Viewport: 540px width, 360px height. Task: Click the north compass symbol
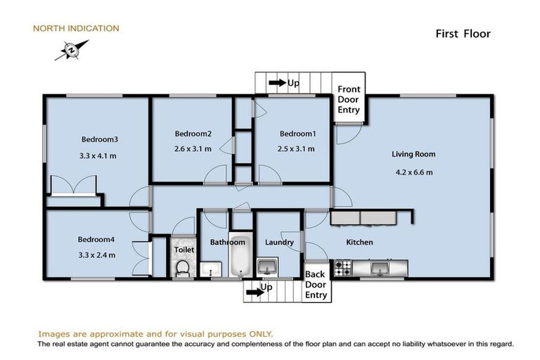click(x=71, y=50)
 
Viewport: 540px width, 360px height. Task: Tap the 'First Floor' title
click(x=462, y=33)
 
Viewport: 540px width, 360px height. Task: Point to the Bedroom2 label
click(x=193, y=134)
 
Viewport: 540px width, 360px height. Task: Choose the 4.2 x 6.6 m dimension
click(x=413, y=171)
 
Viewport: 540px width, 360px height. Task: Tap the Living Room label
click(x=413, y=154)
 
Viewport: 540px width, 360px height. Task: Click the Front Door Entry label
click(x=349, y=100)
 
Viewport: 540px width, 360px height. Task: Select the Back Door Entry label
click(x=316, y=284)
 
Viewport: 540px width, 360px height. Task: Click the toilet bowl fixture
click(x=184, y=268)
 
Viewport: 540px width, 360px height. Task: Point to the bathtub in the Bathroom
click(x=239, y=258)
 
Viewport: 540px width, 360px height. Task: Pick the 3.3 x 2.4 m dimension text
click(x=96, y=255)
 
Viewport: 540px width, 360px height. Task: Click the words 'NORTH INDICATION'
click(x=76, y=29)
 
